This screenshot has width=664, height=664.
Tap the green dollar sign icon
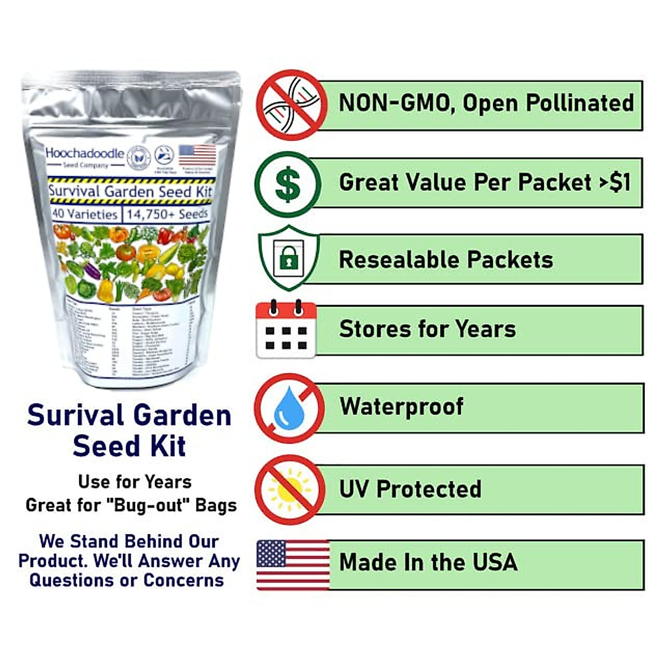(x=288, y=184)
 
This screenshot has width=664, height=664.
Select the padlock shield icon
(x=288, y=257)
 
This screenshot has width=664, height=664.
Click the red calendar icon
(x=286, y=329)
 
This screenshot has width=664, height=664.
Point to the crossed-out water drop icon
(x=289, y=408)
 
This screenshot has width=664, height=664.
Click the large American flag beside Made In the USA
(x=293, y=564)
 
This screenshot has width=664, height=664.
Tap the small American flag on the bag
(x=198, y=155)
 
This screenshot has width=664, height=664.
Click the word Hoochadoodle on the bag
(x=85, y=153)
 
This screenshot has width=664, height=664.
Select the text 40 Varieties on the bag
(x=85, y=214)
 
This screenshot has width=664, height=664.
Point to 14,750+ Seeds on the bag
(x=167, y=214)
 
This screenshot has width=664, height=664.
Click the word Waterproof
(x=402, y=407)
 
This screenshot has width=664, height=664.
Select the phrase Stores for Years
(x=427, y=329)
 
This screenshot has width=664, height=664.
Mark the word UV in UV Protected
(x=354, y=489)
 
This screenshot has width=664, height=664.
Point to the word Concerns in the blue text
(x=184, y=580)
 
